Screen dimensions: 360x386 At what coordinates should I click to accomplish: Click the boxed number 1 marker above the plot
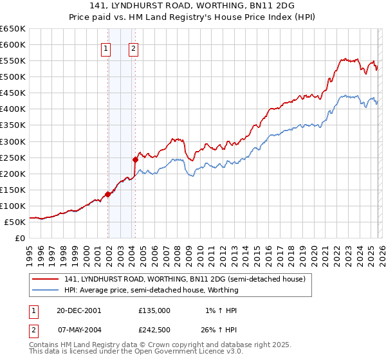coord(106,48)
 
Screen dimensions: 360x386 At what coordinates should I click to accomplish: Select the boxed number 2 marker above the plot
coord(133,48)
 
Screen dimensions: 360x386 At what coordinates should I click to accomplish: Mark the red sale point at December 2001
coord(108,194)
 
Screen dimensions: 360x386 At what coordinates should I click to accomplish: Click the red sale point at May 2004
coord(135,159)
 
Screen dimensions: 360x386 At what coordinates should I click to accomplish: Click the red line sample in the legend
coord(46,279)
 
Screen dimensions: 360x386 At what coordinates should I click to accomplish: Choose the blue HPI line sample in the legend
coord(46,290)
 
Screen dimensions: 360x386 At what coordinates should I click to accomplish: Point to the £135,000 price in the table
coord(154,310)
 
